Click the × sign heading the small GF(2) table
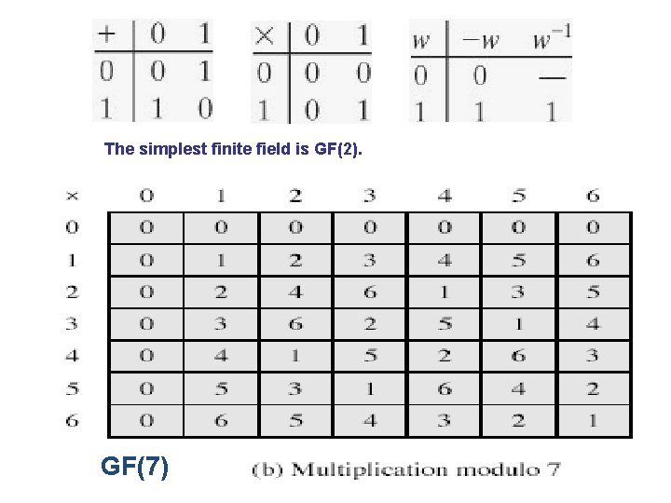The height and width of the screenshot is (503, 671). point(264,36)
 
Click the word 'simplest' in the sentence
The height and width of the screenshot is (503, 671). point(172,148)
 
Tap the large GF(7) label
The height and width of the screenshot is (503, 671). point(135,465)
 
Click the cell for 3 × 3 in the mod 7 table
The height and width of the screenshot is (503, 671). point(370,324)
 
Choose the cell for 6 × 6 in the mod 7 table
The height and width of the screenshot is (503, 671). point(594,420)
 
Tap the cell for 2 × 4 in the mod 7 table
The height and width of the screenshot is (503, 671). point(445,292)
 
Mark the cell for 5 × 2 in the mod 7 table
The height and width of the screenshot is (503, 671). point(295,387)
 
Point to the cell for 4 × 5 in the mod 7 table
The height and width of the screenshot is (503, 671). point(519,356)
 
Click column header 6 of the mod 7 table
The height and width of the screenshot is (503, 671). point(594,196)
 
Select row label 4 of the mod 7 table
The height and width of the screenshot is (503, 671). point(72,356)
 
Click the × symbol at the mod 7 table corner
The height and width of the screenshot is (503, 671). point(72,196)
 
